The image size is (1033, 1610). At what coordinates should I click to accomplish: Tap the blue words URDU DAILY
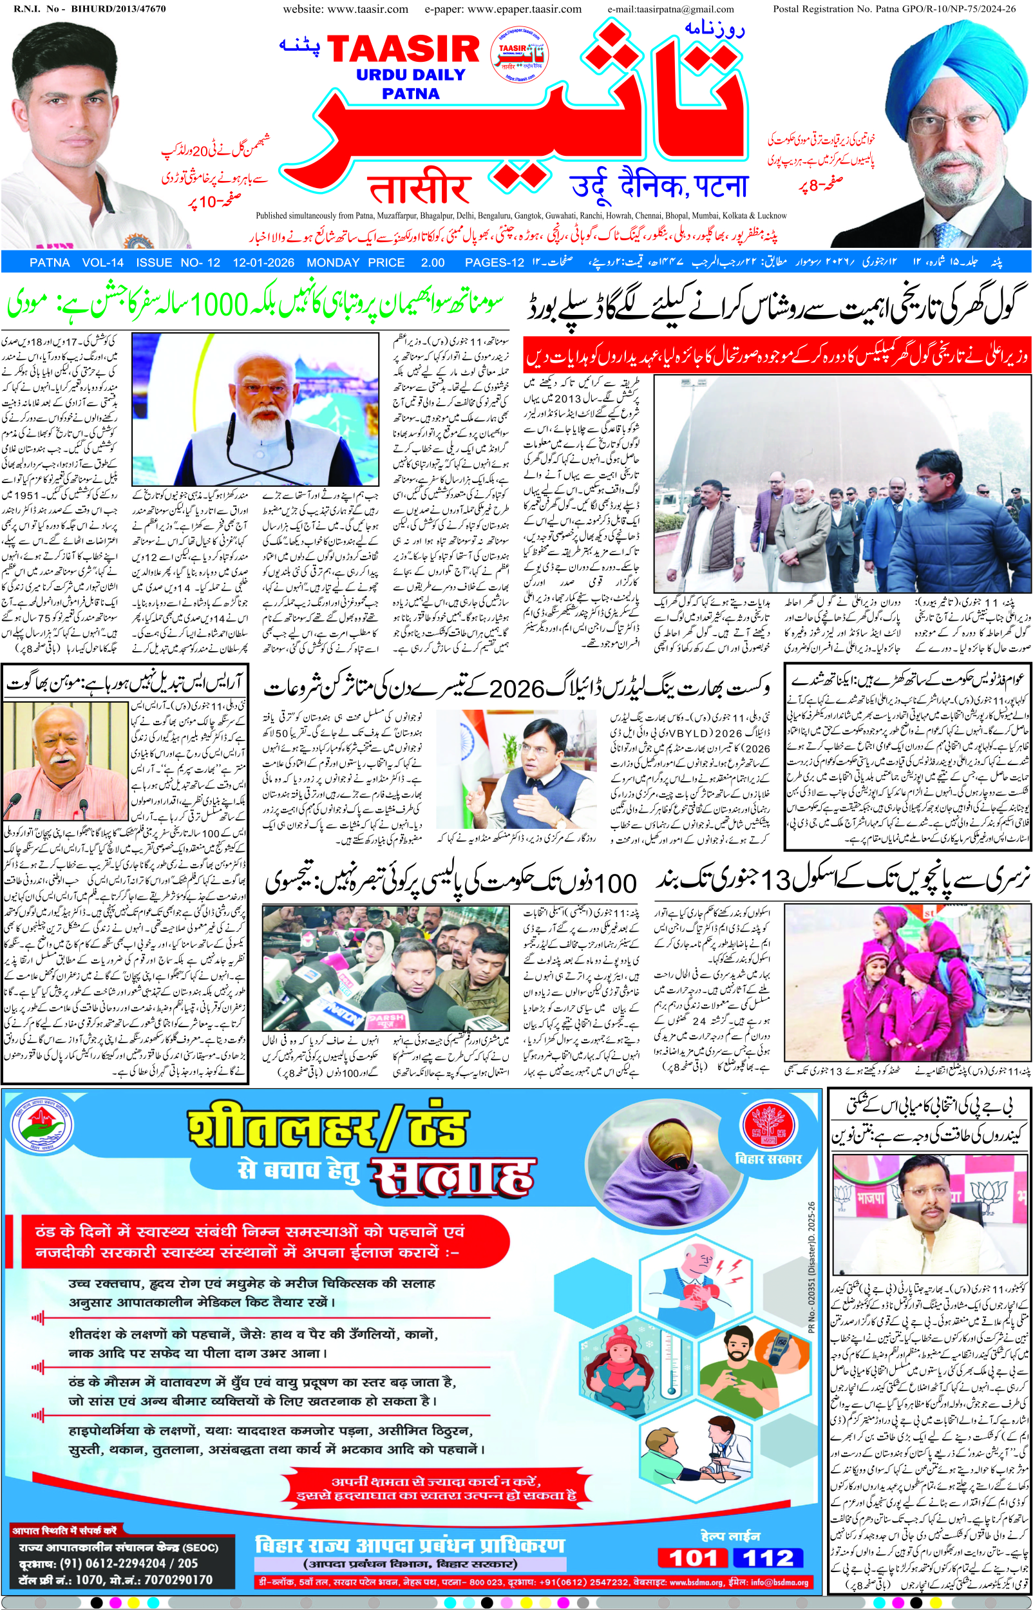[410, 75]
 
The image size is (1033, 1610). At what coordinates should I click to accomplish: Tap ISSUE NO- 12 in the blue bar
[178, 263]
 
